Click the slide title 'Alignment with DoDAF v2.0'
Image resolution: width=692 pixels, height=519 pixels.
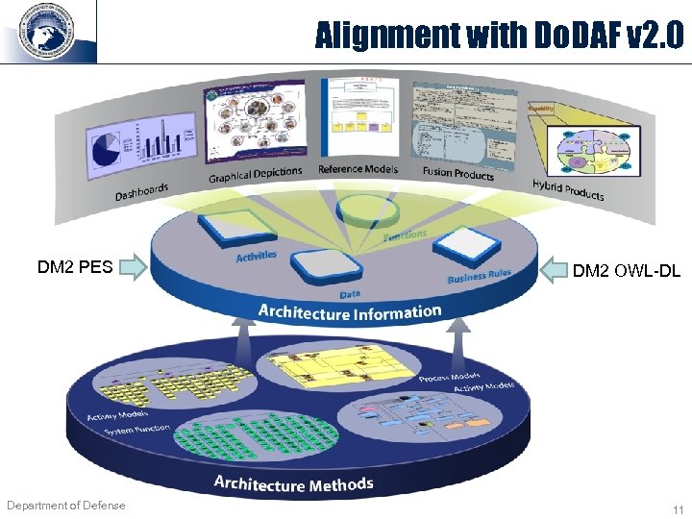[x=499, y=37]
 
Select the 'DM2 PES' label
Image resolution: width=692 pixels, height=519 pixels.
[x=75, y=266]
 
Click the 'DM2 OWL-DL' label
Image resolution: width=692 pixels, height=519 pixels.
[x=626, y=271]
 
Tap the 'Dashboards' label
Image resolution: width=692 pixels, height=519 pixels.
[x=141, y=192]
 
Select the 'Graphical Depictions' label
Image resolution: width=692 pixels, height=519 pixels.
[x=255, y=174]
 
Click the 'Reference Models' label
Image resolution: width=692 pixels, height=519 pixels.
[x=358, y=169]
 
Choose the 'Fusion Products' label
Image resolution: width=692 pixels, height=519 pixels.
[x=457, y=173]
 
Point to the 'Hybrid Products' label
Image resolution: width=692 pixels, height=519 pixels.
[x=568, y=190]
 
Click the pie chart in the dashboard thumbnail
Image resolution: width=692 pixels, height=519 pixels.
[x=104, y=149]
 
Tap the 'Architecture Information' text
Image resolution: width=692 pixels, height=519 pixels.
[x=349, y=312]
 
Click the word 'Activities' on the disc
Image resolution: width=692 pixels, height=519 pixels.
[x=257, y=256]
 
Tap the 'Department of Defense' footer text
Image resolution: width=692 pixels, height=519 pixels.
[x=65, y=506]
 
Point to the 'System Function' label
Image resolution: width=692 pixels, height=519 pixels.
[x=136, y=430]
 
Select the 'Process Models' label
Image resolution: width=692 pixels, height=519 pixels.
[x=449, y=377]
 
